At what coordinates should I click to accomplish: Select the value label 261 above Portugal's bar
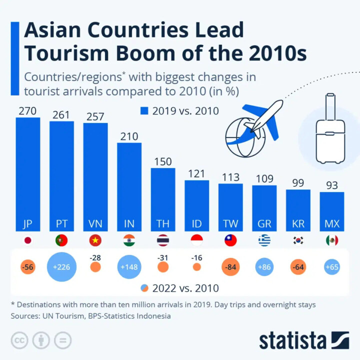tap(61, 114)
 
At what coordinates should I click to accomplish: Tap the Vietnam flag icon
tap(95, 240)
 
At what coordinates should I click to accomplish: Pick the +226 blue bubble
tap(61, 267)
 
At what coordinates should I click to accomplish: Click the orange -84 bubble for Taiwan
tap(230, 267)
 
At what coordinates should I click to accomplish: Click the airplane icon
tap(262, 120)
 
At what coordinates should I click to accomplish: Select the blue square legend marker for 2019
tap(144, 111)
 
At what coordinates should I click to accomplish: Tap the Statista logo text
tap(292, 341)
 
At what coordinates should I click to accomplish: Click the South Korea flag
tap(298, 240)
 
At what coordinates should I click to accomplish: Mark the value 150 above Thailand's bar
tap(163, 161)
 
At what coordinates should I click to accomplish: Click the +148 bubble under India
tap(129, 267)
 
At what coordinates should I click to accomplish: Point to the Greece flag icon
tap(264, 240)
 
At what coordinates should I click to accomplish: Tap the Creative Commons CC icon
tap(20, 340)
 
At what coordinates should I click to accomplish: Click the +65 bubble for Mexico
tap(332, 267)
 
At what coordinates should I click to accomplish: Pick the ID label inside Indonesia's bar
tap(196, 224)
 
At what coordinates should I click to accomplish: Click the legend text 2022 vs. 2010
tap(185, 288)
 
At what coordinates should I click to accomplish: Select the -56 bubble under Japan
tap(27, 267)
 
